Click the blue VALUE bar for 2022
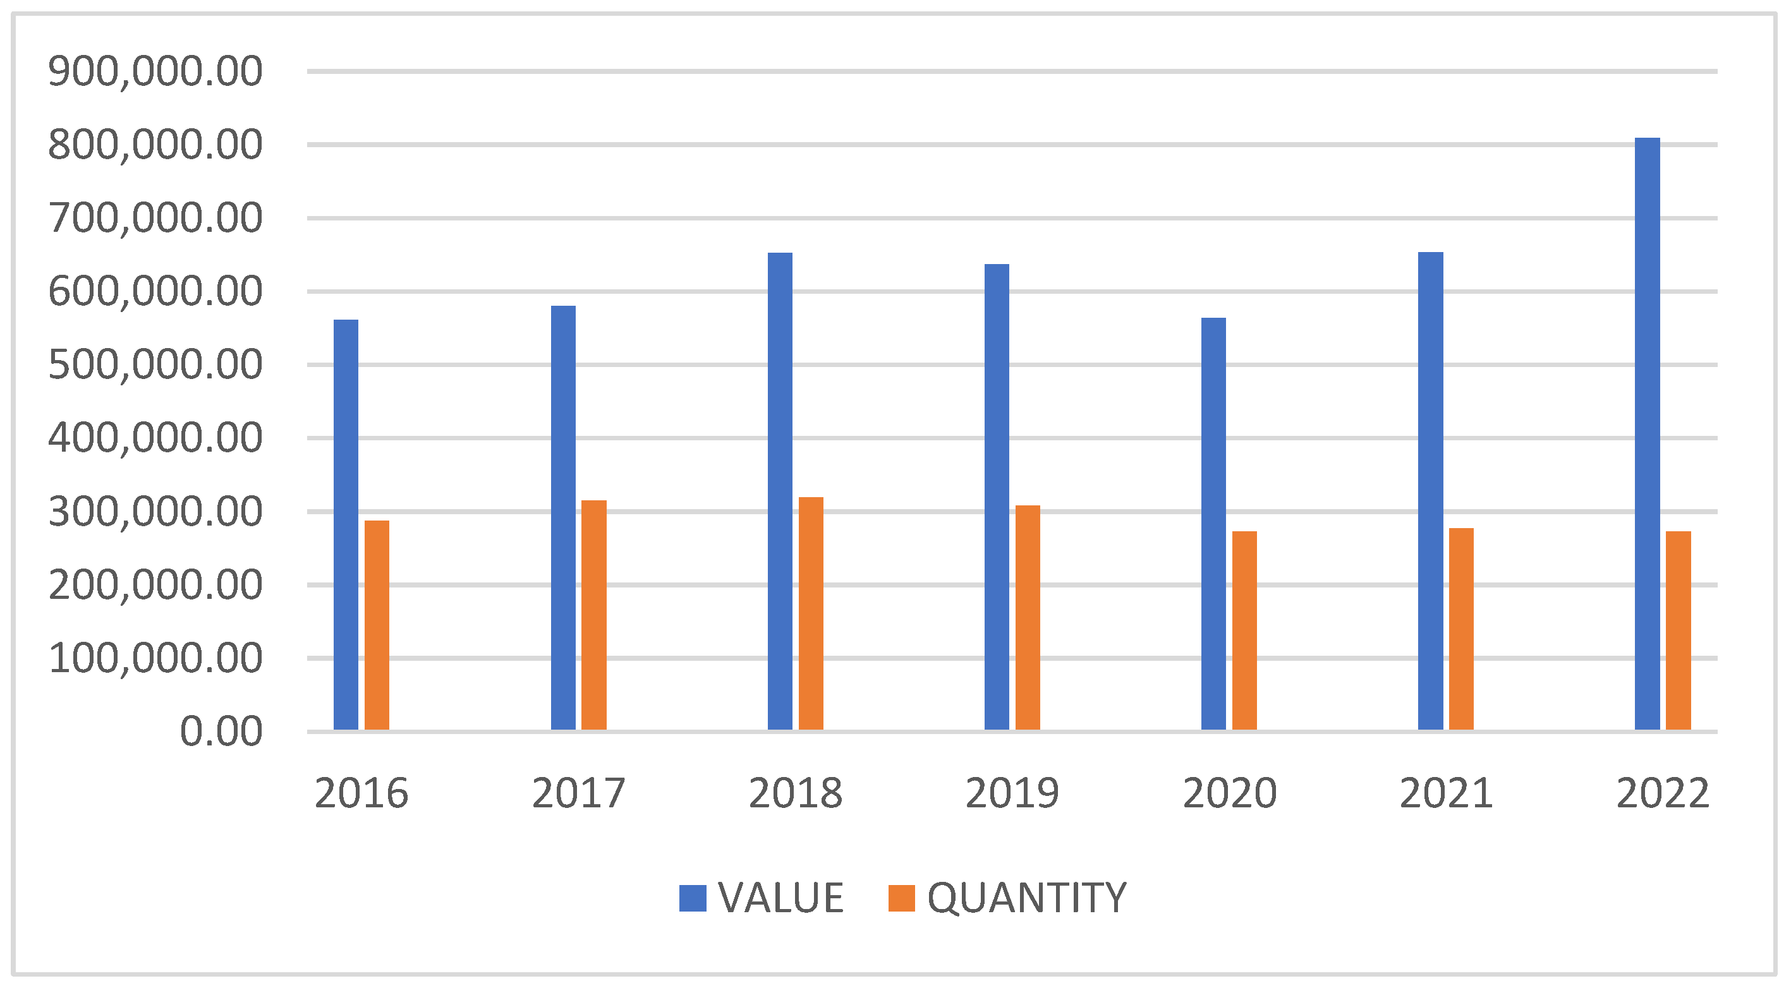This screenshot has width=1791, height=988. click(1646, 433)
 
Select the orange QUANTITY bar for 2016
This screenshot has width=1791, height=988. click(377, 625)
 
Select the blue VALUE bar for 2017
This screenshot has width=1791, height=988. click(563, 517)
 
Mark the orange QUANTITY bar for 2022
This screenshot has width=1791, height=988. click(1678, 630)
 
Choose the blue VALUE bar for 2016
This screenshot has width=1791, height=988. click(346, 524)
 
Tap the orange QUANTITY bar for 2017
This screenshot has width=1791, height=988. click(594, 615)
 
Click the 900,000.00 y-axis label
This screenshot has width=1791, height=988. click(155, 71)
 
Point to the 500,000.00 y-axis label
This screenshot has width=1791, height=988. click(155, 364)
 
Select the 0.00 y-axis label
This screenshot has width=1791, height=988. click(221, 732)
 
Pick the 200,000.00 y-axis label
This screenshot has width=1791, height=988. click(155, 584)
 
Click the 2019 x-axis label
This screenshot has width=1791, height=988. click(1012, 793)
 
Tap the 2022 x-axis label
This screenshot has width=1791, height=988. click(1662, 793)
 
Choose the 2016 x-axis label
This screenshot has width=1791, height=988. click(361, 793)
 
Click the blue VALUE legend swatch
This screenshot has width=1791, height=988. click(693, 898)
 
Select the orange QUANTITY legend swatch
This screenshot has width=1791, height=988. click(902, 898)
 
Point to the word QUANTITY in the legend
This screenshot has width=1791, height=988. click(1026, 898)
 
